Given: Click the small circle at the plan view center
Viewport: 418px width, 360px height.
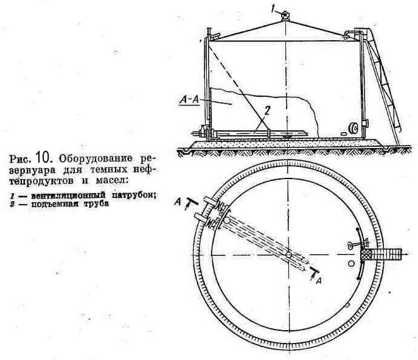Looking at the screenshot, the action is (289, 253).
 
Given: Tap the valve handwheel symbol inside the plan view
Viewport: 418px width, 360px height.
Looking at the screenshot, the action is (352, 245).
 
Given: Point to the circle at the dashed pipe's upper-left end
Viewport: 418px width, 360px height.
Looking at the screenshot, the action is (226, 220).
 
